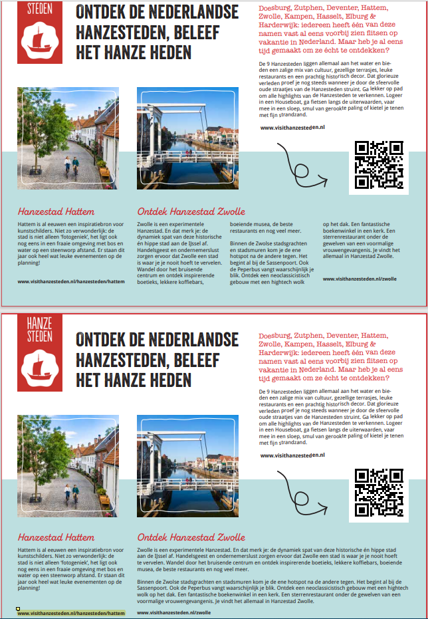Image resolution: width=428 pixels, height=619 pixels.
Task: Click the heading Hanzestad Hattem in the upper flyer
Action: pyautogui.click(x=56, y=211)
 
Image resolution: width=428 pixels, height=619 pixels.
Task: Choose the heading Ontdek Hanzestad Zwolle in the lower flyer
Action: pyautogui.click(x=191, y=537)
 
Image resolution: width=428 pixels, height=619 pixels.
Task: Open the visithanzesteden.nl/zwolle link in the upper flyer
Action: pyautogui.click(x=360, y=279)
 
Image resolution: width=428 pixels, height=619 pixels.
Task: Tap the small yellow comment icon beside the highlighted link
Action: pyautogui.click(x=18, y=608)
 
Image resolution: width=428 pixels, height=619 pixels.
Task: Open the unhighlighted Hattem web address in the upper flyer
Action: pyautogui.click(x=71, y=281)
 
